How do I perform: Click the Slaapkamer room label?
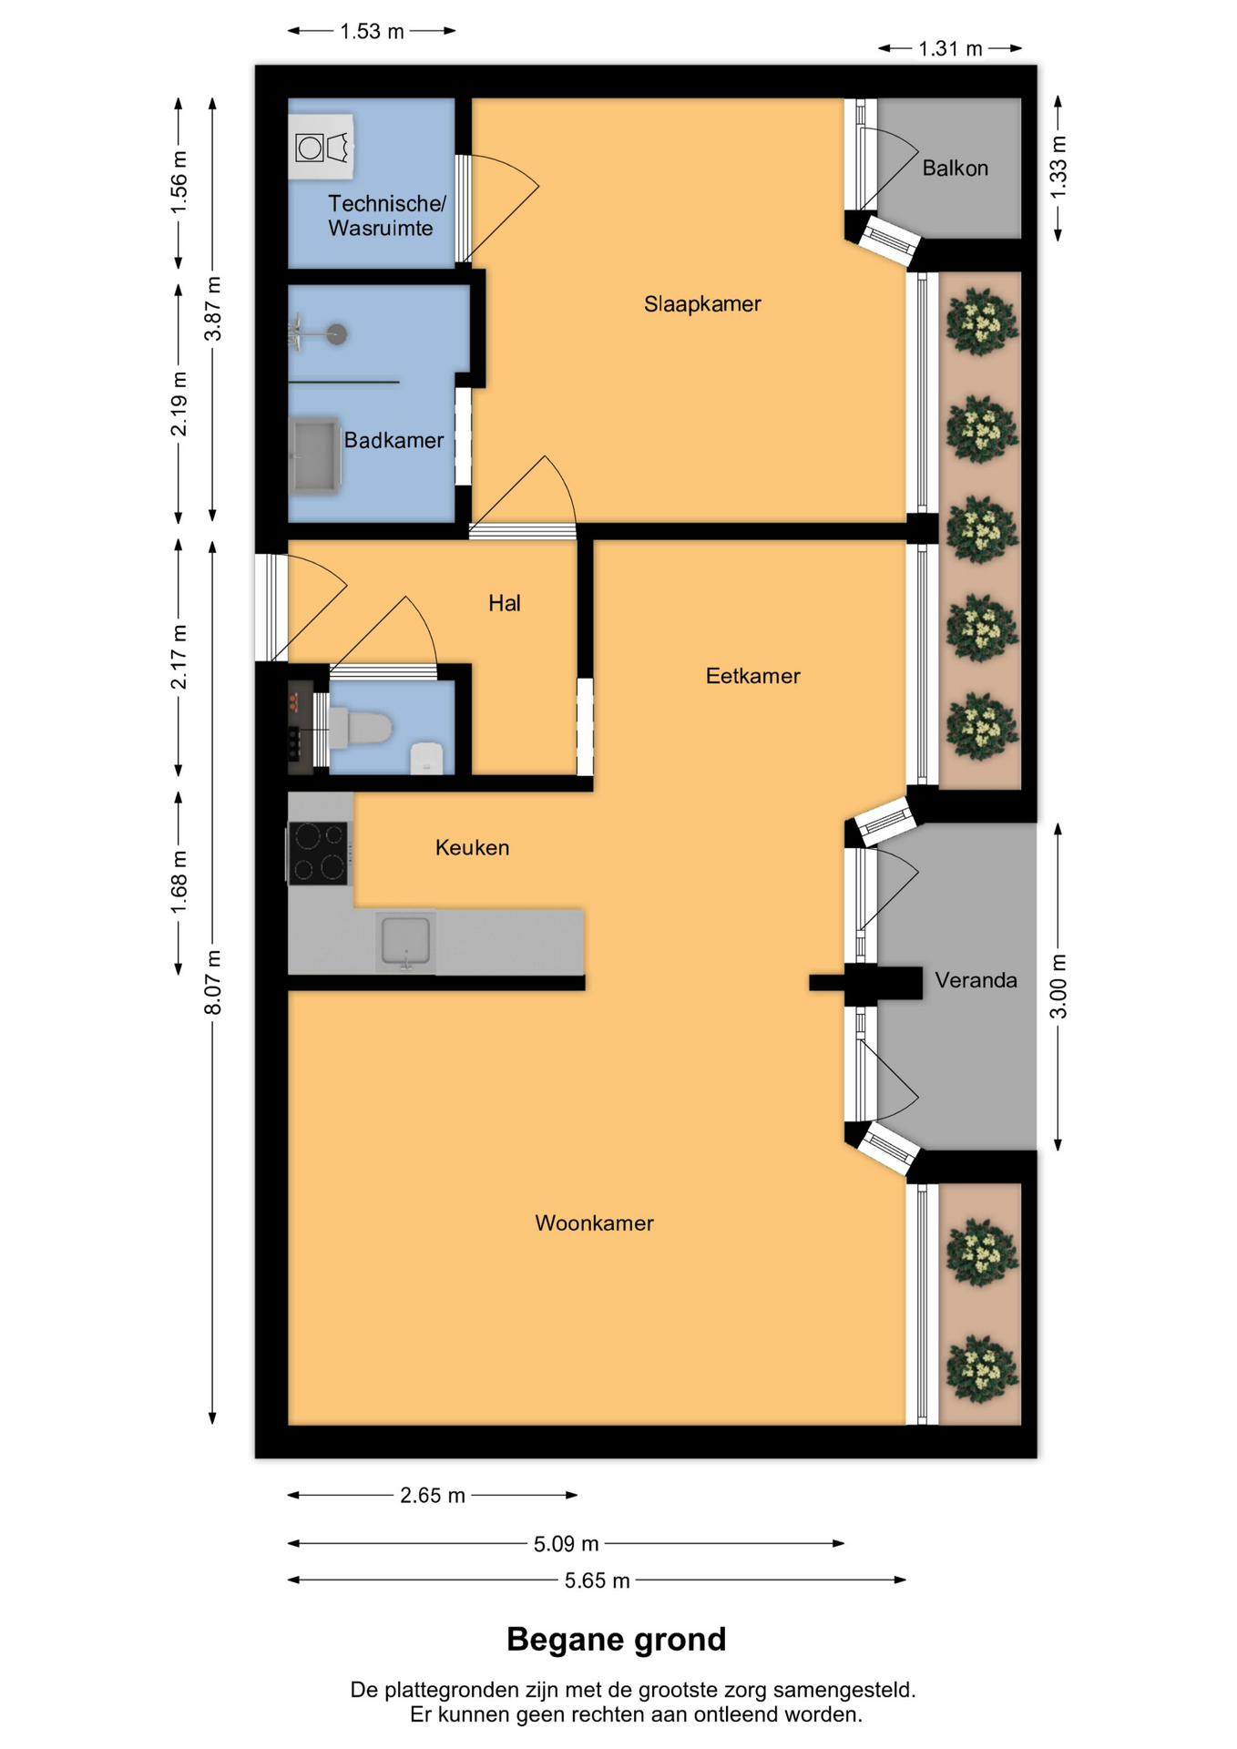[x=702, y=304]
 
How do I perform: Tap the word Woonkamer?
[x=594, y=1223]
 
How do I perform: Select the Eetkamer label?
[x=752, y=676]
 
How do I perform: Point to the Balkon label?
[x=955, y=168]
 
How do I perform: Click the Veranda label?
[x=976, y=980]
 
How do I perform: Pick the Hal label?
[x=505, y=603]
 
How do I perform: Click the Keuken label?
[x=472, y=847]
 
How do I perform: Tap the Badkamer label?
[x=394, y=440]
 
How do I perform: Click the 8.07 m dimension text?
[x=212, y=982]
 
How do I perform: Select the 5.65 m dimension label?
[x=597, y=1580]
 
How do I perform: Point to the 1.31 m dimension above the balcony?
[x=950, y=48]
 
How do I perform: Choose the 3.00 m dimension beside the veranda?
[x=1058, y=987]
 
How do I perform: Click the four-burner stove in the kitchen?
[x=318, y=854]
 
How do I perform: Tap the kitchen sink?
[x=405, y=942]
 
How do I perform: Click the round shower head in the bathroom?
[x=337, y=334]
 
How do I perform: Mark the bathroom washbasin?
[x=314, y=455]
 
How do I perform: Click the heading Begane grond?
[x=617, y=1640]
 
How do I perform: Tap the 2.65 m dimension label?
[x=433, y=1496]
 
